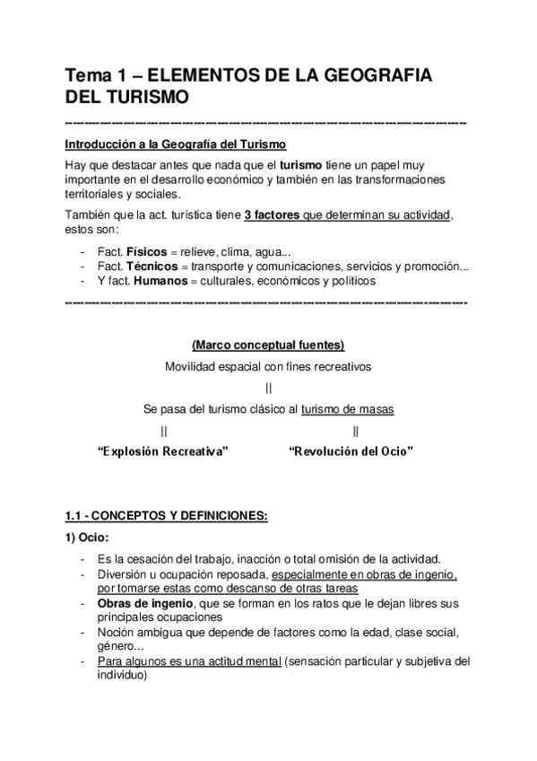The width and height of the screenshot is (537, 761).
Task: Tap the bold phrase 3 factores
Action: tap(272, 215)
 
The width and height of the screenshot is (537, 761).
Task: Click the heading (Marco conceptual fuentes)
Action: tap(268, 346)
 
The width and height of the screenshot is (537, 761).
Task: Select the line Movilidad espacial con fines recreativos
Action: tap(268, 366)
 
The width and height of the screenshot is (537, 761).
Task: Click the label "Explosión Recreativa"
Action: tap(162, 452)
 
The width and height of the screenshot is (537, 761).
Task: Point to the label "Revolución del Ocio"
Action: tap(351, 452)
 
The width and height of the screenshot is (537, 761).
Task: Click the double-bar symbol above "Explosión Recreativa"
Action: tap(163, 431)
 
